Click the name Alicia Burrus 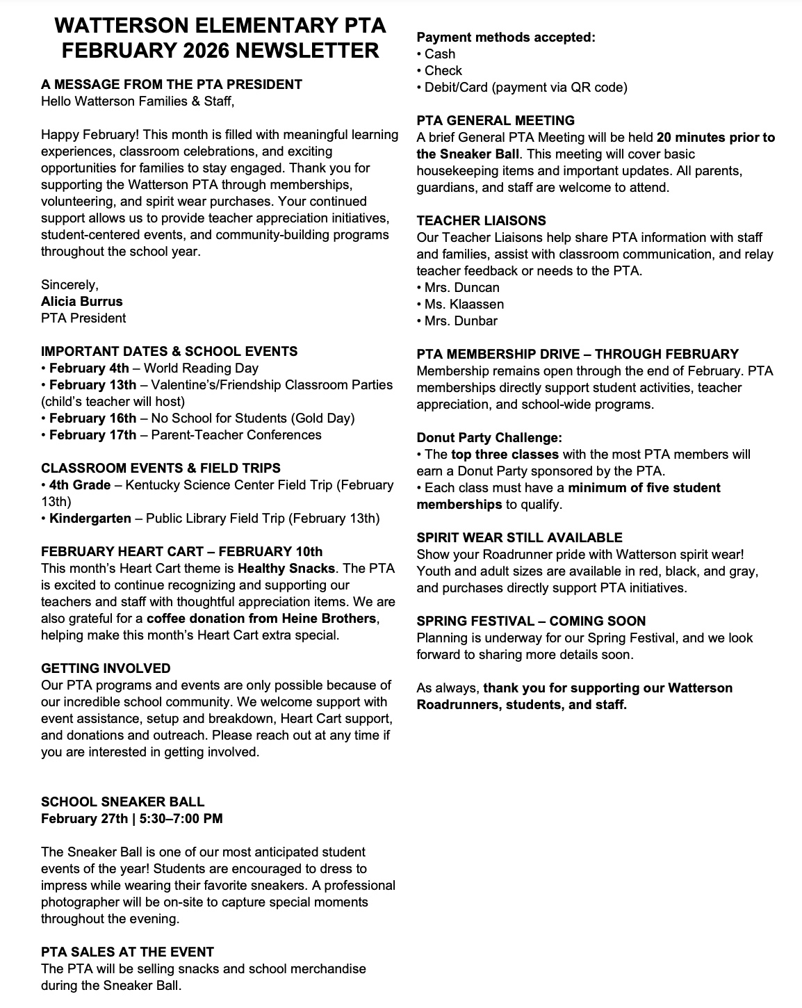pyautogui.click(x=81, y=302)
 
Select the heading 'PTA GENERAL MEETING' pyautogui.click(x=496, y=121)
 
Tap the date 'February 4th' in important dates pyautogui.click(x=89, y=368)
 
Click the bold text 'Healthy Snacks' pyautogui.click(x=286, y=569)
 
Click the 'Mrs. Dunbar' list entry pyautogui.click(x=461, y=321)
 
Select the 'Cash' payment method pyautogui.click(x=440, y=54)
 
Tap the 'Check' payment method pyautogui.click(x=443, y=71)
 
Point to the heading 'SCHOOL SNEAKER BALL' pyautogui.click(x=122, y=802)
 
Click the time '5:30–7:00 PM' pyautogui.click(x=181, y=819)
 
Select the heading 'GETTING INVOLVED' pyautogui.click(x=106, y=669)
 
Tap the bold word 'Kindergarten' pyautogui.click(x=90, y=519)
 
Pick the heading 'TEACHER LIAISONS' pyautogui.click(x=481, y=221)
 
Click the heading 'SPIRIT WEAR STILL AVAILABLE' pyautogui.click(x=519, y=538)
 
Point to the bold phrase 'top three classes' pyautogui.click(x=505, y=455)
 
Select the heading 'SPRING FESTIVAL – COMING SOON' pyautogui.click(x=531, y=621)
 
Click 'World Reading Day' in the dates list pyautogui.click(x=201, y=368)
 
